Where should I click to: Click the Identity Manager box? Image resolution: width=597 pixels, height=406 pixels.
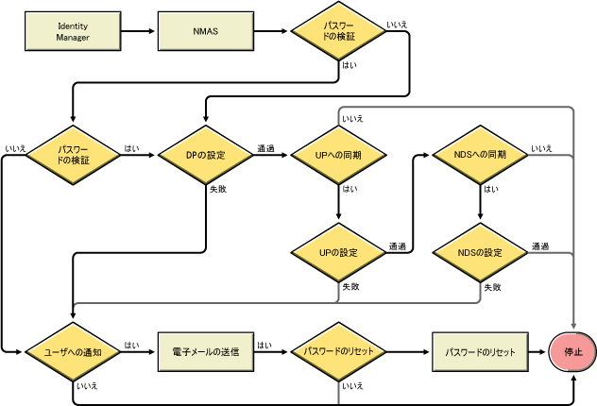click(73, 32)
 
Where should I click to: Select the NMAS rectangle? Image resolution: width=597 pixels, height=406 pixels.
click(205, 32)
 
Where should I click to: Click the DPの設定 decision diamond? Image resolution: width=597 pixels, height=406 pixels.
click(205, 154)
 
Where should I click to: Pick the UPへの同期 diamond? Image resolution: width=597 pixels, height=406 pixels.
click(338, 154)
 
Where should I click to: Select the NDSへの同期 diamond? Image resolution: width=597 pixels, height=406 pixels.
click(481, 154)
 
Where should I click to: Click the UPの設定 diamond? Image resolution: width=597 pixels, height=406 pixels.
click(338, 253)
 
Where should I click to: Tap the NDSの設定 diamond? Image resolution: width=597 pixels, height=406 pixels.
click(481, 253)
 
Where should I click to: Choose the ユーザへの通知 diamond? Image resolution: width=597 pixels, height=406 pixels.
click(73, 351)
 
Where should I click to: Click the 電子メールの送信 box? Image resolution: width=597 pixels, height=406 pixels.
click(205, 351)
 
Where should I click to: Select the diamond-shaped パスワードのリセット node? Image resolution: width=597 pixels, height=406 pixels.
click(338, 351)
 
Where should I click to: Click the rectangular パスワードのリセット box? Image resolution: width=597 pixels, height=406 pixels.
click(481, 351)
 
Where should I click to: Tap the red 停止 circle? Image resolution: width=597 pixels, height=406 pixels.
click(574, 351)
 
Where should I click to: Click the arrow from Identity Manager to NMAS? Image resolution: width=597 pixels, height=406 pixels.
click(139, 32)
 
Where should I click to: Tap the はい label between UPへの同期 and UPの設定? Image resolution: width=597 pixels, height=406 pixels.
click(350, 190)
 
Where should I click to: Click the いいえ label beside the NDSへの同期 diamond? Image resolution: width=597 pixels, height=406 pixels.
click(541, 147)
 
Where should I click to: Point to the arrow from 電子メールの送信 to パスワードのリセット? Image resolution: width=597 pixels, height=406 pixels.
click(271, 351)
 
